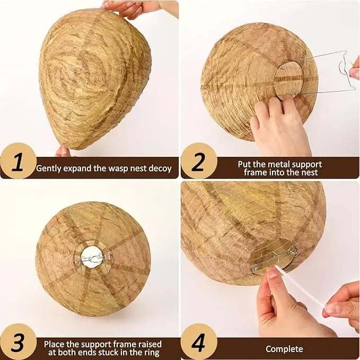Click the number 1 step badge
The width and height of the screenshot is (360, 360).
pyautogui.click(x=18, y=162)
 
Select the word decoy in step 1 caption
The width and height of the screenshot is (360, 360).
pyautogui.click(x=160, y=169)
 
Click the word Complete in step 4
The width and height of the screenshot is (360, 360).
pyautogui.click(x=284, y=349)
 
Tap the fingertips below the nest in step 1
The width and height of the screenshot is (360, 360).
pyautogui.click(x=63, y=152)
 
